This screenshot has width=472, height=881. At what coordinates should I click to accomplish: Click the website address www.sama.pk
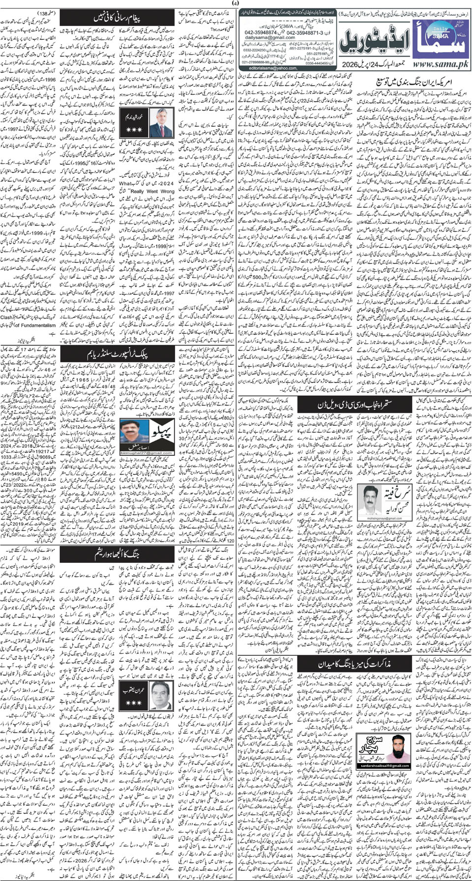pos(438,64)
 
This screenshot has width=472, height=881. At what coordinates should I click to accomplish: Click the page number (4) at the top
pos(236,4)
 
